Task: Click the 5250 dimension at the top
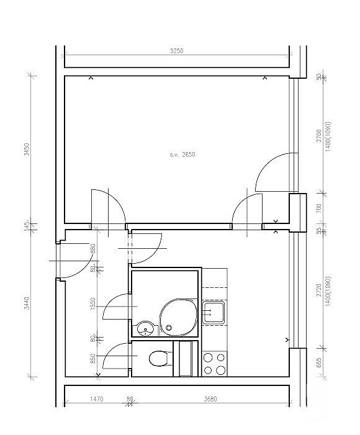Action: (x=177, y=51)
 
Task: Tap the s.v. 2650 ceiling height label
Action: (x=182, y=155)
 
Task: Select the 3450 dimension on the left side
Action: (x=27, y=150)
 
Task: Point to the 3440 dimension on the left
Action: (x=27, y=303)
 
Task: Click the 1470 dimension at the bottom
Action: (x=97, y=399)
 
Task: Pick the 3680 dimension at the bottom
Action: (x=210, y=399)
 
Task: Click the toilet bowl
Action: (x=158, y=359)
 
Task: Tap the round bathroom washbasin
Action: (x=145, y=328)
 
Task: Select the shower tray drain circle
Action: (x=168, y=328)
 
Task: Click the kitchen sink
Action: (x=213, y=313)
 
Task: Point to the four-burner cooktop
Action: (x=214, y=364)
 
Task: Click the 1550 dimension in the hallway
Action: (x=93, y=303)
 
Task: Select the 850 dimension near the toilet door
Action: (x=93, y=359)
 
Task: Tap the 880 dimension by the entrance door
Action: (x=93, y=249)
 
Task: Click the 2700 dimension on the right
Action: (x=318, y=136)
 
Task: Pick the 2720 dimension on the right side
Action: (x=318, y=290)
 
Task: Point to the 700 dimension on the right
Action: (x=318, y=208)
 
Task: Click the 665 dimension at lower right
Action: (x=318, y=362)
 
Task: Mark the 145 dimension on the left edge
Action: (x=27, y=226)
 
